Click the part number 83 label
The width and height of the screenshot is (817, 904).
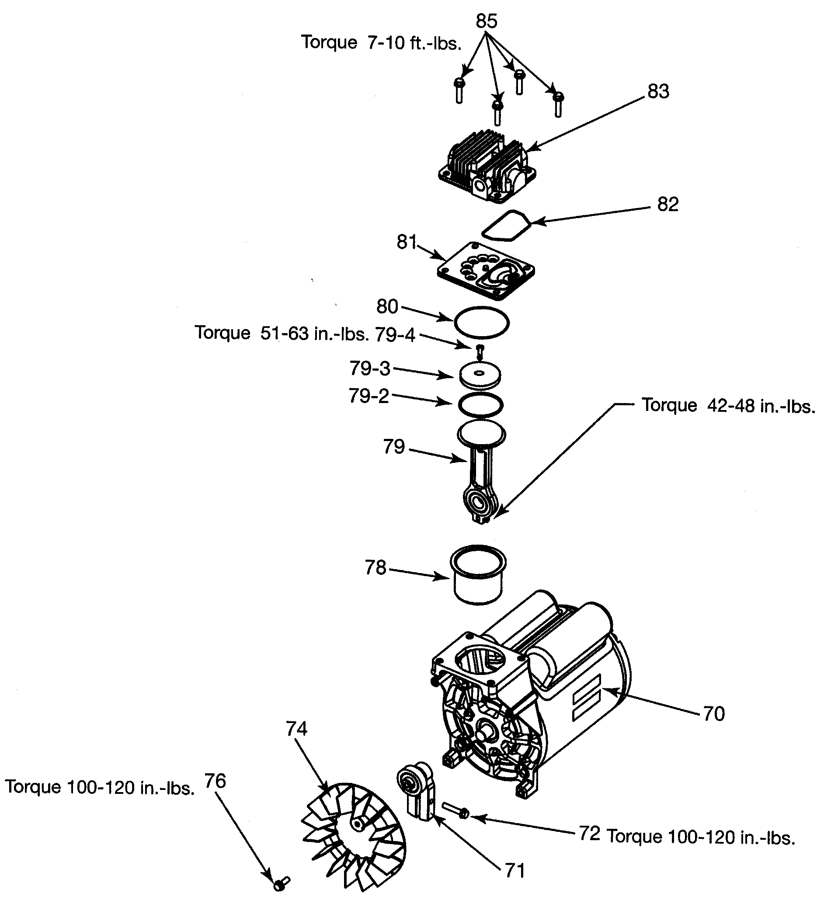click(x=658, y=91)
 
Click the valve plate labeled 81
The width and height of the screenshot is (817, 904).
click(x=486, y=271)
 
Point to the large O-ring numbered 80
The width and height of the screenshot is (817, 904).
click(x=482, y=322)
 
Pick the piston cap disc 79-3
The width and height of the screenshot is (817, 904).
click(x=480, y=376)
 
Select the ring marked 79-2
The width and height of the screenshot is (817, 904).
click(x=481, y=405)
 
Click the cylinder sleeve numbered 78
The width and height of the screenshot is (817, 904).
click(x=477, y=575)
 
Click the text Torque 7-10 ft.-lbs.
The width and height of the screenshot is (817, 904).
click(x=381, y=42)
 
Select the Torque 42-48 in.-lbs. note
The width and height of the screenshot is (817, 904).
click(x=728, y=406)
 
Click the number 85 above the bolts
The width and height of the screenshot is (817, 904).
click(x=487, y=21)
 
